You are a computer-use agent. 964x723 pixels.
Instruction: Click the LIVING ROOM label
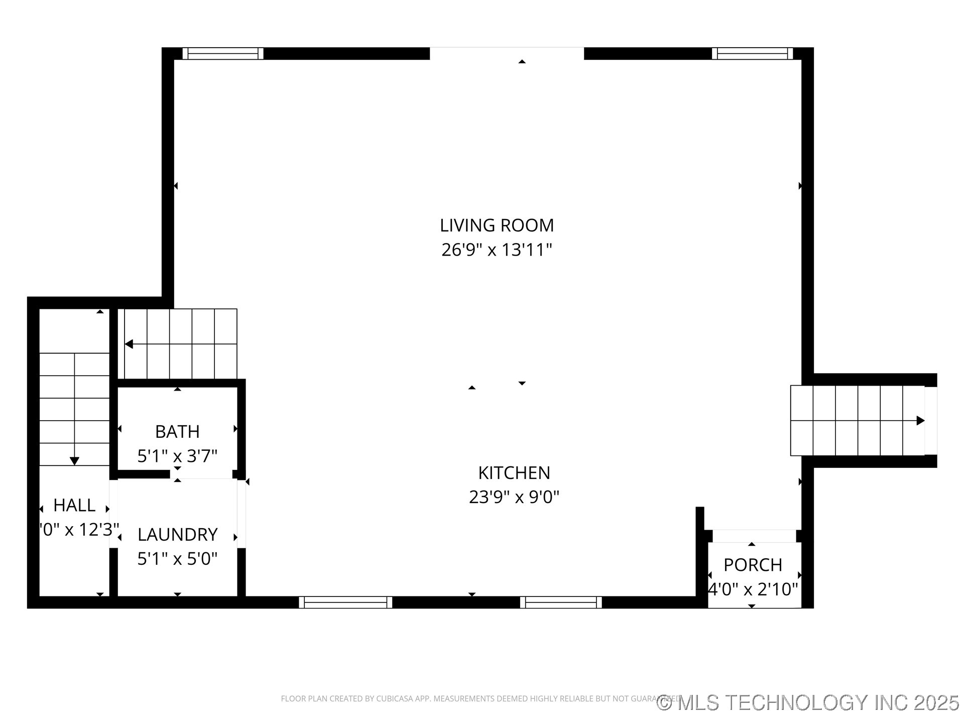497,225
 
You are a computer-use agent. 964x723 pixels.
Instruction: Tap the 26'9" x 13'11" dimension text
497,250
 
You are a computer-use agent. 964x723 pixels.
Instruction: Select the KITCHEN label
514,473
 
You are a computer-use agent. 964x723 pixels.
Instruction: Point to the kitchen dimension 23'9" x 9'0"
514,497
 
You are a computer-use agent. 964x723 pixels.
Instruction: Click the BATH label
177,432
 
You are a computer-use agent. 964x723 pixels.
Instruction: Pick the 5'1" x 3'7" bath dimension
177,456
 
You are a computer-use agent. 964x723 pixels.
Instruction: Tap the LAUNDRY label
177,535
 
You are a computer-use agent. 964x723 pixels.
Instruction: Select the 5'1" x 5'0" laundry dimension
177,558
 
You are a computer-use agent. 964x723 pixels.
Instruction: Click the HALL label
74,505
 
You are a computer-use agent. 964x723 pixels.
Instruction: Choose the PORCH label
753,565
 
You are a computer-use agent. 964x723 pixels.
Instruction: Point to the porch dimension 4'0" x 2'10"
753,589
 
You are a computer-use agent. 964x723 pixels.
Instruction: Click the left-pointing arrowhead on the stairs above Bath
129,344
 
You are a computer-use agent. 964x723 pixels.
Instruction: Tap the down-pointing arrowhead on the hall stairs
74,461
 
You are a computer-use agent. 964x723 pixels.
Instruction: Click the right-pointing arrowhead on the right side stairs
920,421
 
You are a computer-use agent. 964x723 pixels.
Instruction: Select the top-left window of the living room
222,53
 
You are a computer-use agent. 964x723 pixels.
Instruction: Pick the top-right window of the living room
752,53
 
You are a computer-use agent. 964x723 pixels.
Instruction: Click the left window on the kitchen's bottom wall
345,602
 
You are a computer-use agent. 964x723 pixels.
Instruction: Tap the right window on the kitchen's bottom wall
561,602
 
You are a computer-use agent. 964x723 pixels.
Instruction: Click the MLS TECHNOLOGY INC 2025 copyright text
808,702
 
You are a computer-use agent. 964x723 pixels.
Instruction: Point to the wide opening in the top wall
507,53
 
